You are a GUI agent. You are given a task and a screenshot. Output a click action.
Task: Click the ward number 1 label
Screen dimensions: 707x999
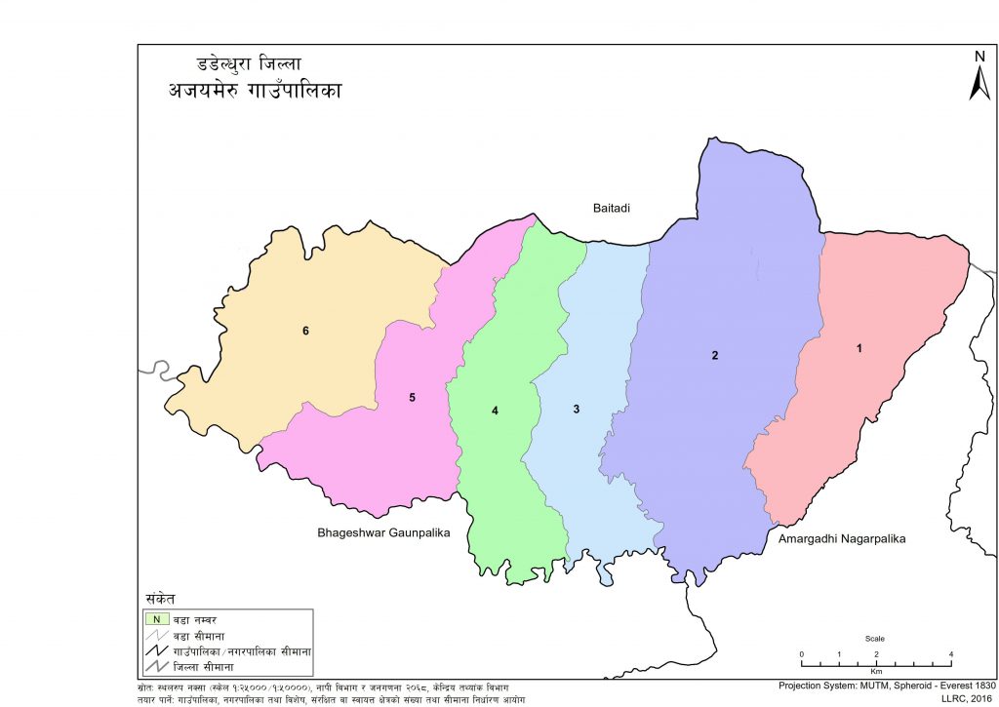tap(859, 348)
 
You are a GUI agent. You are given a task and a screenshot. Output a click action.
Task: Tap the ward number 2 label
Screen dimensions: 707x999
tap(715, 355)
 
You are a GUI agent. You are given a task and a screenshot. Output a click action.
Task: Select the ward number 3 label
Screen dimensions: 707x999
tap(577, 409)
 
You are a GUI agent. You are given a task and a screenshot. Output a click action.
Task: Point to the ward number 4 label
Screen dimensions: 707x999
tap(496, 412)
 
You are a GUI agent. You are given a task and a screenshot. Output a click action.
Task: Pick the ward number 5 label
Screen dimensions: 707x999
tap(413, 397)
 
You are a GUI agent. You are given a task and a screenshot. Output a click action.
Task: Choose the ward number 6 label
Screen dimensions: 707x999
tap(305, 332)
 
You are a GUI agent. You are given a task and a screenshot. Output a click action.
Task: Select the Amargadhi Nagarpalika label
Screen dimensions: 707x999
tap(842, 538)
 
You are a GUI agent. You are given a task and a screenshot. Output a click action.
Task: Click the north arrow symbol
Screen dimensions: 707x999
tap(979, 75)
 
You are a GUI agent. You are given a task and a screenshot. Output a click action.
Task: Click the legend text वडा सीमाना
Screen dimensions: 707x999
tap(211, 634)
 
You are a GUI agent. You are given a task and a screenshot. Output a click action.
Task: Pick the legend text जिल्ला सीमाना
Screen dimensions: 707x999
tap(215, 666)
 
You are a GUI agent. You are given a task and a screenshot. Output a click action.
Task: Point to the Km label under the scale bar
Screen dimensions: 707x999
tap(876, 672)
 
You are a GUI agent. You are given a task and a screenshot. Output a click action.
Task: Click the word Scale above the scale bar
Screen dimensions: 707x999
tap(875, 639)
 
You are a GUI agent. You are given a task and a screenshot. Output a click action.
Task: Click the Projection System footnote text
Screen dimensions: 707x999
tap(886, 685)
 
